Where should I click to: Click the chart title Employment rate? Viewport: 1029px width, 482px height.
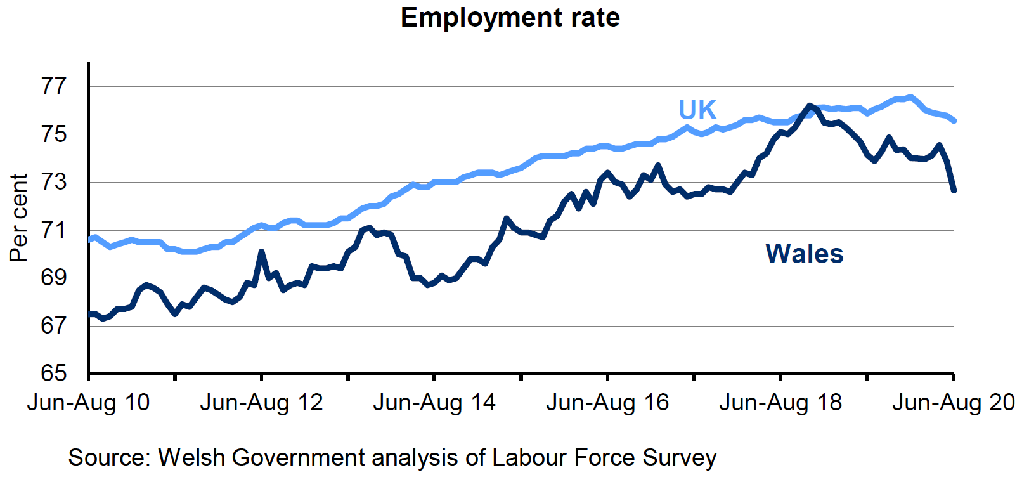coord(510,18)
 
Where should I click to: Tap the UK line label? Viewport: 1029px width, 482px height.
coord(697,110)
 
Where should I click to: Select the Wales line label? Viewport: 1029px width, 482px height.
coord(804,254)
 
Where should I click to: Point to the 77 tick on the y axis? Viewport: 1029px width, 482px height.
coord(54,86)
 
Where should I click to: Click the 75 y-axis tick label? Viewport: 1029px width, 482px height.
coord(54,134)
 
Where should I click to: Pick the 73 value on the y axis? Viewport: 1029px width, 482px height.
coord(54,182)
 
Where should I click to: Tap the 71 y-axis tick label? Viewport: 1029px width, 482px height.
coord(54,230)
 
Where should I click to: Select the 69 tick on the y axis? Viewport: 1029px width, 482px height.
coord(54,278)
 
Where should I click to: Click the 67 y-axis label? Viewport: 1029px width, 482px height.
coord(54,325)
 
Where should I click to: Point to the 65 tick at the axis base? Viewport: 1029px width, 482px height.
coord(54,373)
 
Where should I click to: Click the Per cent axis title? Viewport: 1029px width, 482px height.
coord(19,218)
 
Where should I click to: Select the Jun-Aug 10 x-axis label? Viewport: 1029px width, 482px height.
coord(88,403)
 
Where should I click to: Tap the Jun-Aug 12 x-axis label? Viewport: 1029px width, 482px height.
coord(261,403)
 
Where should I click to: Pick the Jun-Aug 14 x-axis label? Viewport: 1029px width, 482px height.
coord(434,403)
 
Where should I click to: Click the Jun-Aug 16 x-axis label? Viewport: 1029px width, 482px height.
coord(607,403)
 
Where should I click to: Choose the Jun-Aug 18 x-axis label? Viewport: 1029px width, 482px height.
coord(780,403)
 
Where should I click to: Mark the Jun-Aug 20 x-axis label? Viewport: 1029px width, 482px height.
coord(954,403)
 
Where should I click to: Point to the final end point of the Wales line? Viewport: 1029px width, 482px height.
coord(954,190)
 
